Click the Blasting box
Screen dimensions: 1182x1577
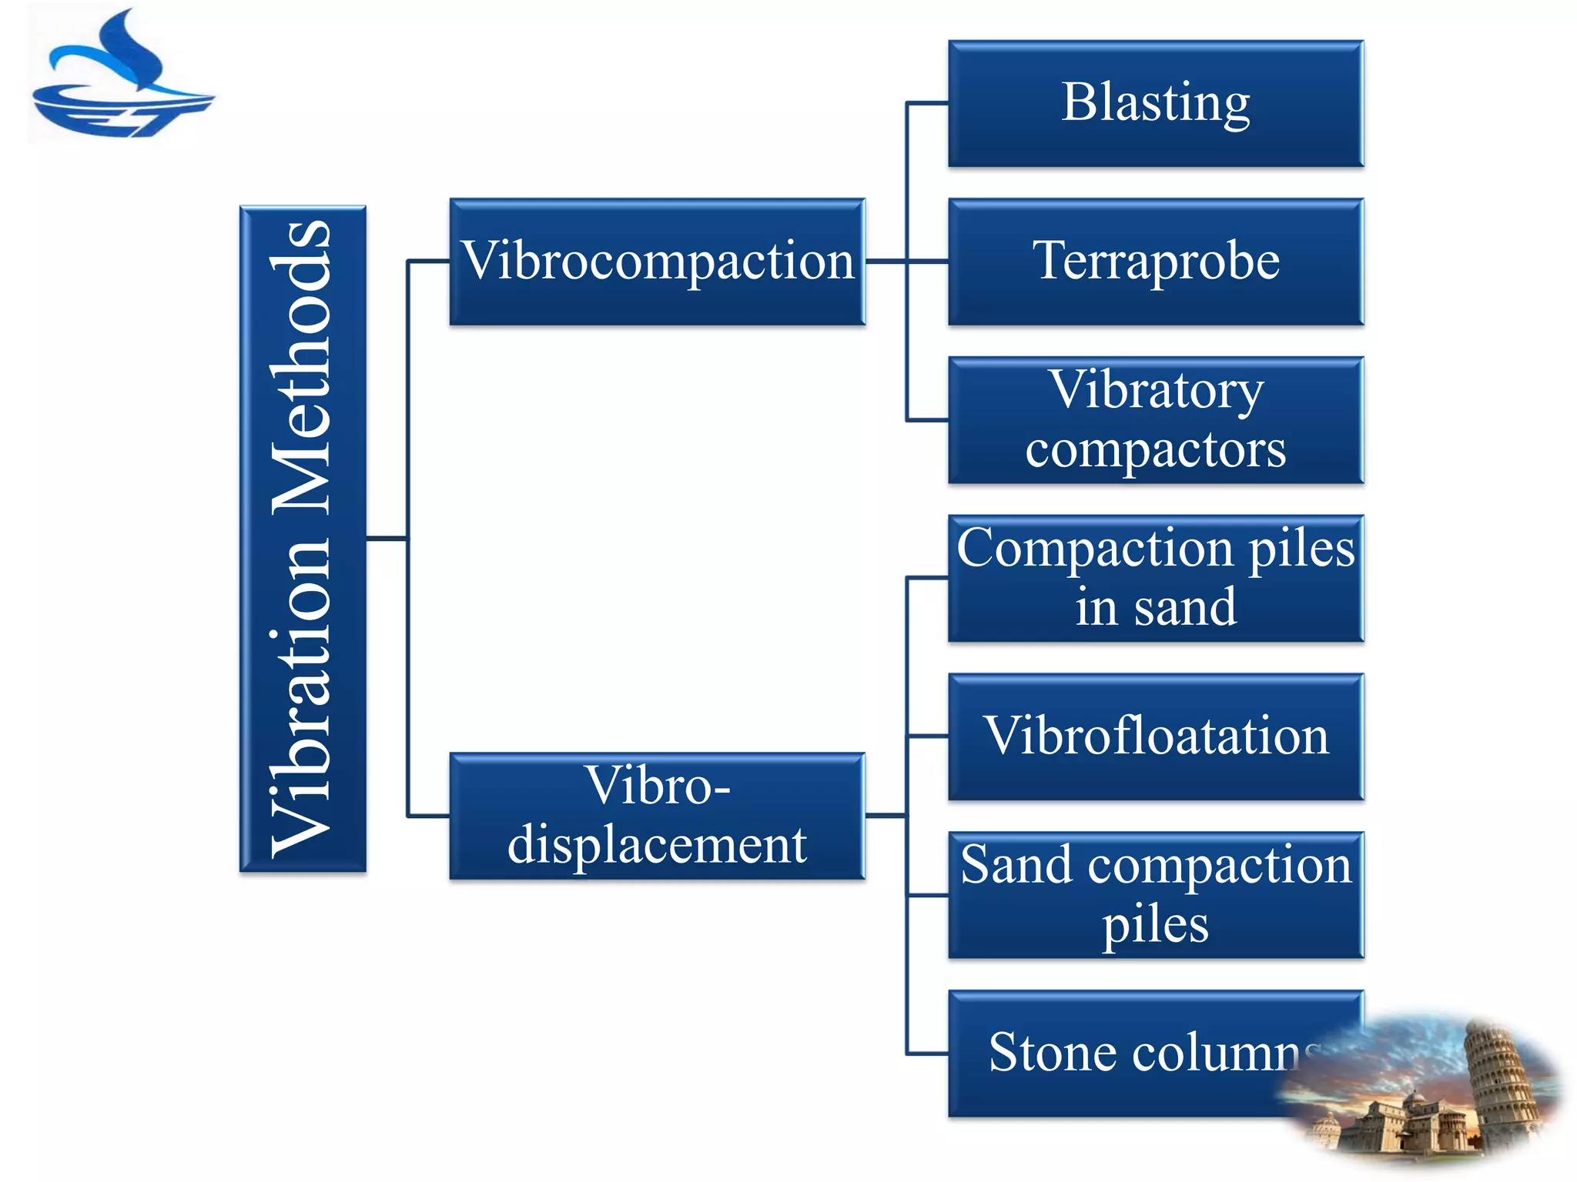tap(1155, 104)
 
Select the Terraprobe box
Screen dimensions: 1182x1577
tap(1155, 262)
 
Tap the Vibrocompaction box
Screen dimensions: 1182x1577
tap(657, 262)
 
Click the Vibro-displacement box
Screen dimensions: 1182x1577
tap(657, 816)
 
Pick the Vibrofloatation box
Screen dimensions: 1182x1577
tap(1155, 736)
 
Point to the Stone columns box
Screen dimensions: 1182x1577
tap(1117, 1053)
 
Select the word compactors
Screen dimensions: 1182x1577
tap(1155, 449)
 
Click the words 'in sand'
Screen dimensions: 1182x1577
tap(1155, 608)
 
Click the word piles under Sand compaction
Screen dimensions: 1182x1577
tap(1155, 925)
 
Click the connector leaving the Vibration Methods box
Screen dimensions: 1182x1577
tap(385, 538)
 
